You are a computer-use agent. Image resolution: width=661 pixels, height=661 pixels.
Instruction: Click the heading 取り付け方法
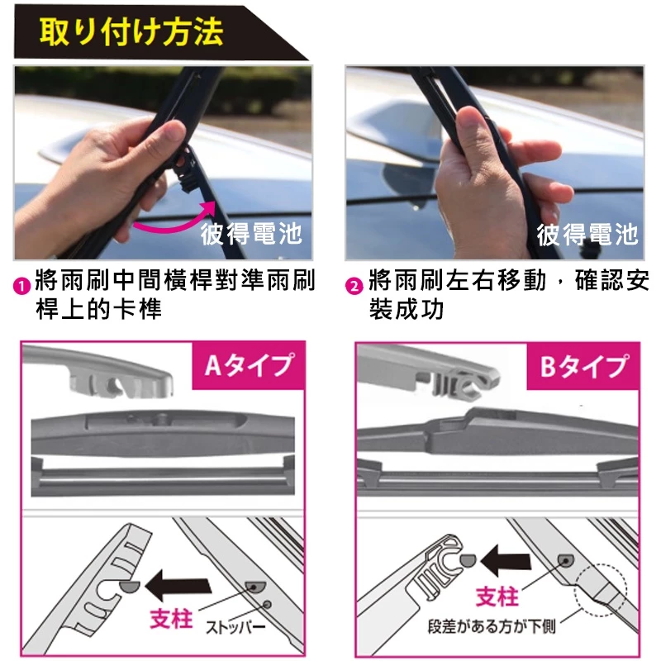[x=131, y=32]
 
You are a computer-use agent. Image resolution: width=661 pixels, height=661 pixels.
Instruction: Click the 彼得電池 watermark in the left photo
[x=251, y=234]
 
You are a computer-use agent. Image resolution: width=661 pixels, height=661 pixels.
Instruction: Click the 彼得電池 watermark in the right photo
[x=587, y=234]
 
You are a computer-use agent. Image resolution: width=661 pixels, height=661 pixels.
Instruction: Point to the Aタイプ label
[x=248, y=364]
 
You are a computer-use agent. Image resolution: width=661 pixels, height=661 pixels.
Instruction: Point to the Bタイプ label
[x=583, y=365]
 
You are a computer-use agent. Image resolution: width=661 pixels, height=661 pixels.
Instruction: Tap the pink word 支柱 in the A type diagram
[x=171, y=619]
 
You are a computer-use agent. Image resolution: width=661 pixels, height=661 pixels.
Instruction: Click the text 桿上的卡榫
[x=98, y=310]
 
